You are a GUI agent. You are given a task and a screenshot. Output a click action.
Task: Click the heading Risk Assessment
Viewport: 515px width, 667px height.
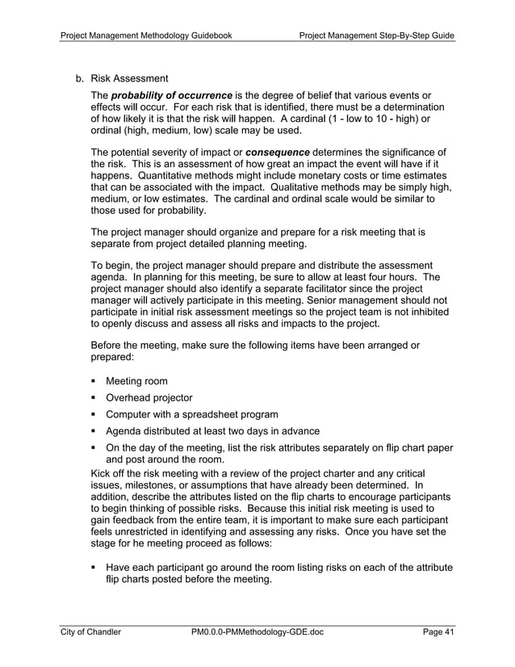click(129, 78)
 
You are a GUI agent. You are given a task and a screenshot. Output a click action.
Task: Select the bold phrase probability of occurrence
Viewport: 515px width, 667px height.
click(171, 97)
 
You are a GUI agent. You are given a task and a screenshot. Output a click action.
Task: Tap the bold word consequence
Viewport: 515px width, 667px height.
click(277, 152)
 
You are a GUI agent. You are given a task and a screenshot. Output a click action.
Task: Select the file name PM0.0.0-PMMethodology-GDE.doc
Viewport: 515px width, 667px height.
click(257, 632)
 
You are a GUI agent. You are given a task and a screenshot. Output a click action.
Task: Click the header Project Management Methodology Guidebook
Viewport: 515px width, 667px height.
click(147, 36)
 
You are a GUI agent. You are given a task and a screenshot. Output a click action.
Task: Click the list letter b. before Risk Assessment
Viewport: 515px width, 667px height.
click(79, 78)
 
